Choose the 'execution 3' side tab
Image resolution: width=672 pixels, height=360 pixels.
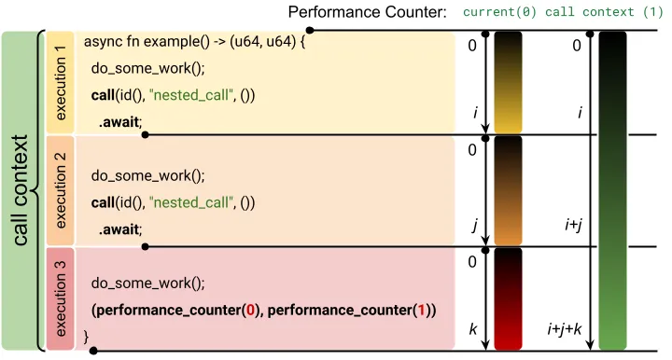tap(62, 298)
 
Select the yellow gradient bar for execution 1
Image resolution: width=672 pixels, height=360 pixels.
tap(509, 83)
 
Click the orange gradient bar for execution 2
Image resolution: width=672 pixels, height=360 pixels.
tap(509, 191)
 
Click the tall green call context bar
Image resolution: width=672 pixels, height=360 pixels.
tap(612, 190)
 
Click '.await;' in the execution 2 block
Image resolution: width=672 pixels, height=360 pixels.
tap(122, 228)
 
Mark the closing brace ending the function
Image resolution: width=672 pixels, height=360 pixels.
tap(87, 335)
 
